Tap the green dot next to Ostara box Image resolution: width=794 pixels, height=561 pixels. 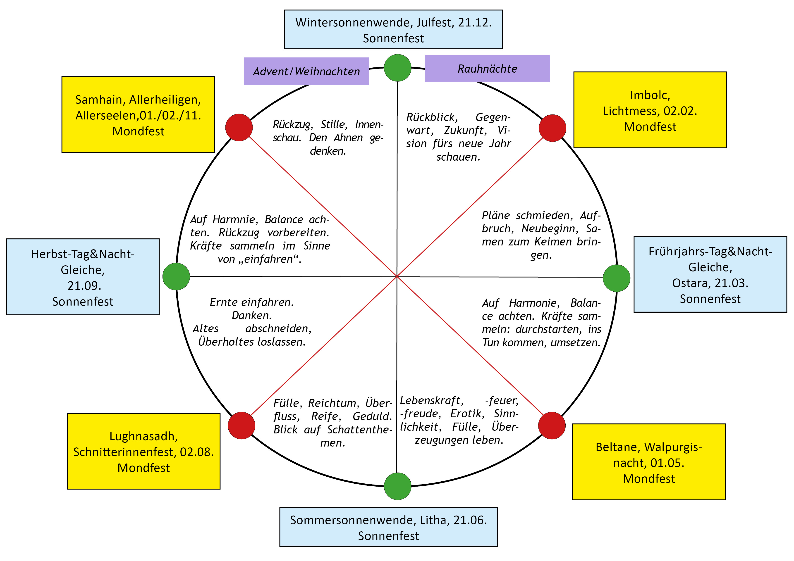pos(617,278)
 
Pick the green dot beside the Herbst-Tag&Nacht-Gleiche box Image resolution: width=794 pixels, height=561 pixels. pos(176,276)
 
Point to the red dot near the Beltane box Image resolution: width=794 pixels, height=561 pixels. pos(552,426)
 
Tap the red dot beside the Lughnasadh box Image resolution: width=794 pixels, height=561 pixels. pos(241,426)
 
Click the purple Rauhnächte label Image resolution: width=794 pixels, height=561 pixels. pos(487,69)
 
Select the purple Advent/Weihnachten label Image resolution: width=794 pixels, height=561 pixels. pos(306,71)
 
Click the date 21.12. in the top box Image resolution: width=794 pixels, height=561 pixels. pos(474,22)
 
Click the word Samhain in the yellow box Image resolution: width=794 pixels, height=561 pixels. pos(100,100)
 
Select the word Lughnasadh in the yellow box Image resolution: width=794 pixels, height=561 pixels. pos(143,436)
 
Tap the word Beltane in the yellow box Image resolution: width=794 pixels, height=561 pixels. pos(618,447)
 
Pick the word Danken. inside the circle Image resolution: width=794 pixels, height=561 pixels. pos(252,316)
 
